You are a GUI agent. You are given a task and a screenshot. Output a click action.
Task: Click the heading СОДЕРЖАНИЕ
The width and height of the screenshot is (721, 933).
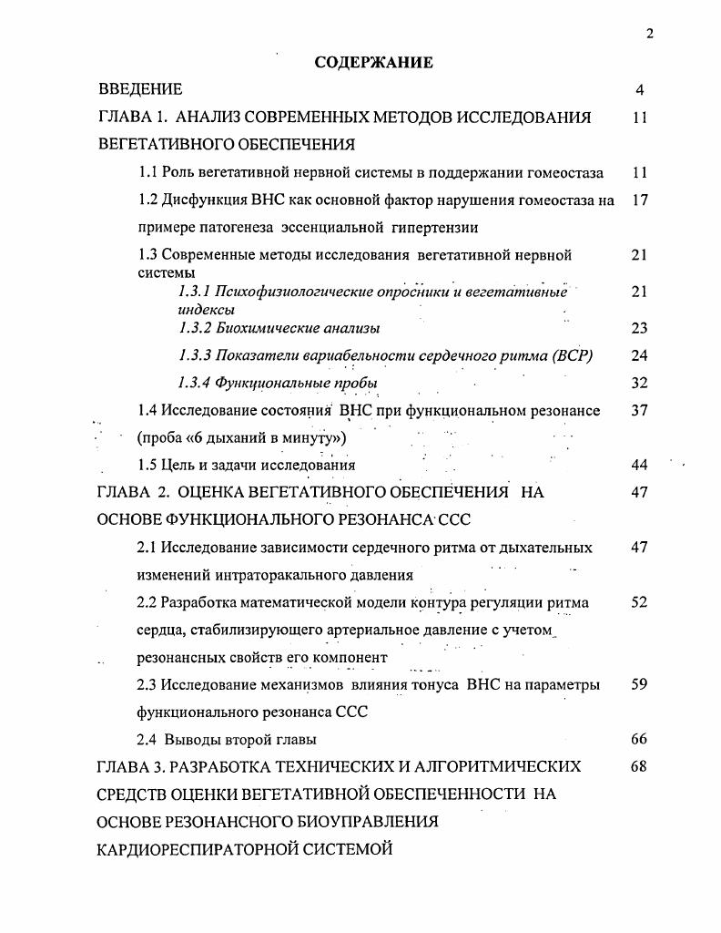click(x=373, y=63)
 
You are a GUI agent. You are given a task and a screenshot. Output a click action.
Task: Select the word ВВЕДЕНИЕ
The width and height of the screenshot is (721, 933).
click(x=141, y=89)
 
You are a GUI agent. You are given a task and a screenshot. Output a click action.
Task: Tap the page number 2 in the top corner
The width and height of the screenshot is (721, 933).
click(x=649, y=34)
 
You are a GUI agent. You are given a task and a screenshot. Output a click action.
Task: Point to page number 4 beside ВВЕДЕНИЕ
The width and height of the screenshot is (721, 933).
click(x=640, y=90)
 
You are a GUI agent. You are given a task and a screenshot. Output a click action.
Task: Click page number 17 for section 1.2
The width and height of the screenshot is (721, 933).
click(x=639, y=200)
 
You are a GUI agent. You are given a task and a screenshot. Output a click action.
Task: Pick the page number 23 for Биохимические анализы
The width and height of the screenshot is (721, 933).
click(x=639, y=328)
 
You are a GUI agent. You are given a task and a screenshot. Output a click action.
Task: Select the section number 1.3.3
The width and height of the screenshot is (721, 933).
click(x=195, y=355)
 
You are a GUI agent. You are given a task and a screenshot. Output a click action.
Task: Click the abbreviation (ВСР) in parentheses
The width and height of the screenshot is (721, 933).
click(x=573, y=355)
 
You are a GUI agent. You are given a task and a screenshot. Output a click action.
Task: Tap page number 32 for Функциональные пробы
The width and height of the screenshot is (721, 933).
click(x=639, y=383)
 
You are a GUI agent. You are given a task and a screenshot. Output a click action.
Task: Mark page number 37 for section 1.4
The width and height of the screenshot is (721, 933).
click(x=639, y=410)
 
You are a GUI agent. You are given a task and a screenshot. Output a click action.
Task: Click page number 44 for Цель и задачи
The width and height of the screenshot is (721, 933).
click(x=639, y=465)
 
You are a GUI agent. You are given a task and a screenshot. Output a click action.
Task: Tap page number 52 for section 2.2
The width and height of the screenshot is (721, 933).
click(x=639, y=602)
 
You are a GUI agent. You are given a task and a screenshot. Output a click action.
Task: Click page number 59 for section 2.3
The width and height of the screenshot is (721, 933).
click(x=639, y=685)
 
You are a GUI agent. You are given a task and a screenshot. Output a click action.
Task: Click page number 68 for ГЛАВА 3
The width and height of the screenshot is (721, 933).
click(x=639, y=767)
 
